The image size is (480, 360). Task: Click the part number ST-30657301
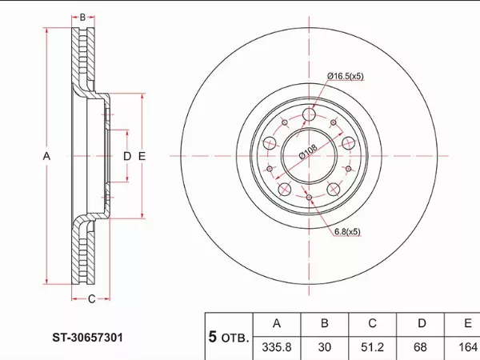pos(87,338)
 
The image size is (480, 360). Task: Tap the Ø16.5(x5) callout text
pos(346,76)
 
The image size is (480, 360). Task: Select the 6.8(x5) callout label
pos(347,232)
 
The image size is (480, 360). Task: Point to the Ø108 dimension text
pos(308,151)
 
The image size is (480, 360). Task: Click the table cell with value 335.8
pos(277,347)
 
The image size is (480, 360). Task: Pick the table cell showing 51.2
pos(372,347)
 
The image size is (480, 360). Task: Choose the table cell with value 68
pos(420,347)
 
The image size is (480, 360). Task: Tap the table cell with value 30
pos(325,347)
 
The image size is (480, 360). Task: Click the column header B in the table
pos(325,323)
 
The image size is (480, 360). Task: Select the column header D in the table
pos(422,323)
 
